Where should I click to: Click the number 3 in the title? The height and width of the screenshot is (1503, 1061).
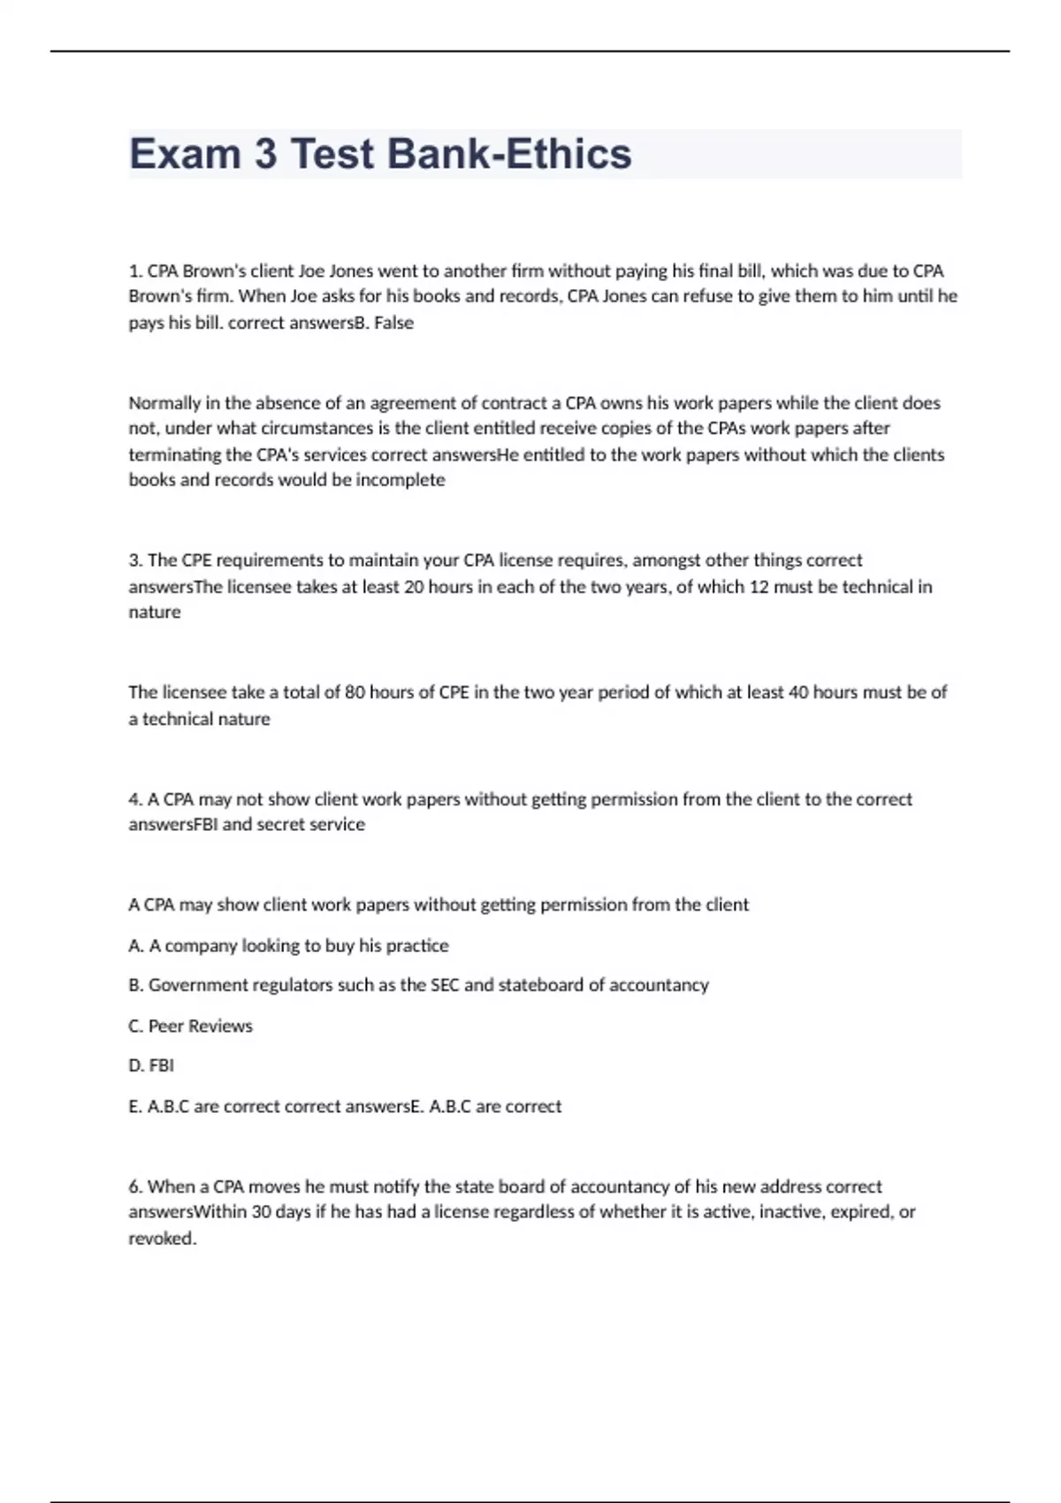[x=265, y=154]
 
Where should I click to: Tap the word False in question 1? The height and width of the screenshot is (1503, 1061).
[x=393, y=323]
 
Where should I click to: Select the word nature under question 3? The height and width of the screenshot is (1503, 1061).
[x=155, y=612]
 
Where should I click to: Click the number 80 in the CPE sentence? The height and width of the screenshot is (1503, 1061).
[x=355, y=692]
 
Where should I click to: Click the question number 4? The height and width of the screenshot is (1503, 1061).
[x=134, y=799]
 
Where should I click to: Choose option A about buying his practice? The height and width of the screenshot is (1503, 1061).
[x=288, y=946]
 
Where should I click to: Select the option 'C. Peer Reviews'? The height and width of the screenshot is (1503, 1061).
[x=190, y=1026]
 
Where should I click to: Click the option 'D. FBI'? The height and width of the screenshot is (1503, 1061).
[x=151, y=1066]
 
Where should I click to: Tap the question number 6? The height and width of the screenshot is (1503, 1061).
[x=134, y=1186]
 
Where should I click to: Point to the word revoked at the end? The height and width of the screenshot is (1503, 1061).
[x=161, y=1239]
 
